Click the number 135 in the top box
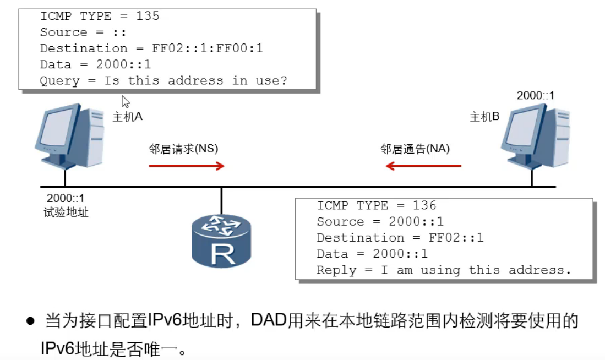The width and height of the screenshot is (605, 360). point(148,16)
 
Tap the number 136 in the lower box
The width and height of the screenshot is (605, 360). point(424,205)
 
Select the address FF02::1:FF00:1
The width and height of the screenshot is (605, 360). point(208,48)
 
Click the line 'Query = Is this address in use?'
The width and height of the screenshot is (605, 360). point(163,81)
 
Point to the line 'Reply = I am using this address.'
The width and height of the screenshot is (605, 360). point(444,270)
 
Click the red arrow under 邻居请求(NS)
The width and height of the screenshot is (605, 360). point(187,166)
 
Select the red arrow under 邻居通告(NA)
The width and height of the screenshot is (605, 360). point(423,166)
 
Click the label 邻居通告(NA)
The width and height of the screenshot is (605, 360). point(415,149)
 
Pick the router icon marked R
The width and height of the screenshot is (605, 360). point(221,241)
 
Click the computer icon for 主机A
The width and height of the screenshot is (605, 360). point(68,137)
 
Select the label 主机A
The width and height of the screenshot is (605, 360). point(127,117)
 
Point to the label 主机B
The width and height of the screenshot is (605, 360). point(484,117)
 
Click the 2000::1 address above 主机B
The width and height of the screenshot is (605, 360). point(535,96)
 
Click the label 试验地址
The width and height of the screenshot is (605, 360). point(66,212)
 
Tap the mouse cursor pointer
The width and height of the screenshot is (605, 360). point(125,101)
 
